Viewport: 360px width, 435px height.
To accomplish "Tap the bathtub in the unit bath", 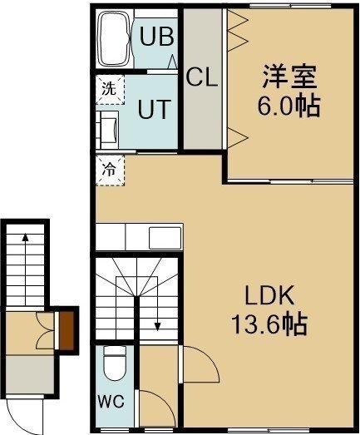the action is click(x=115, y=38).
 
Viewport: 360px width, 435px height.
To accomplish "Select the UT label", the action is click(x=154, y=109).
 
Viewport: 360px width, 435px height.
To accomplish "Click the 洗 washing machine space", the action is click(x=110, y=89).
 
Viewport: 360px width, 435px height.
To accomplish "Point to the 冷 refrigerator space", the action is click(x=110, y=170).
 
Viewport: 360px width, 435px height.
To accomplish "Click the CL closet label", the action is click(x=202, y=77).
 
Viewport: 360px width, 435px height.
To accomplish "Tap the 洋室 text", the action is click(x=289, y=77).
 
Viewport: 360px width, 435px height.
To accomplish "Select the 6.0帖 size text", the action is click(x=288, y=106).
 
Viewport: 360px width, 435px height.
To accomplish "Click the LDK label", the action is click(x=269, y=296).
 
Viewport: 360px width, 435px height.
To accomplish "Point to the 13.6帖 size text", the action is click(x=269, y=324).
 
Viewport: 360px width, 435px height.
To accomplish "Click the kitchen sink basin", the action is click(x=165, y=238).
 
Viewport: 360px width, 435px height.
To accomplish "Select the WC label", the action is click(x=111, y=401).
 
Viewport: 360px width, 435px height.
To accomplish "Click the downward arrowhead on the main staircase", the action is click(x=157, y=326).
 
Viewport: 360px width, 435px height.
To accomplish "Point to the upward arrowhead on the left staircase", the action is click(x=26, y=237).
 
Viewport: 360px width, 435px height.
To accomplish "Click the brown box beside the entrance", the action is click(x=67, y=330).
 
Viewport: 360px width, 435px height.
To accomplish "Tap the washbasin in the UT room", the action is click(x=107, y=130).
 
